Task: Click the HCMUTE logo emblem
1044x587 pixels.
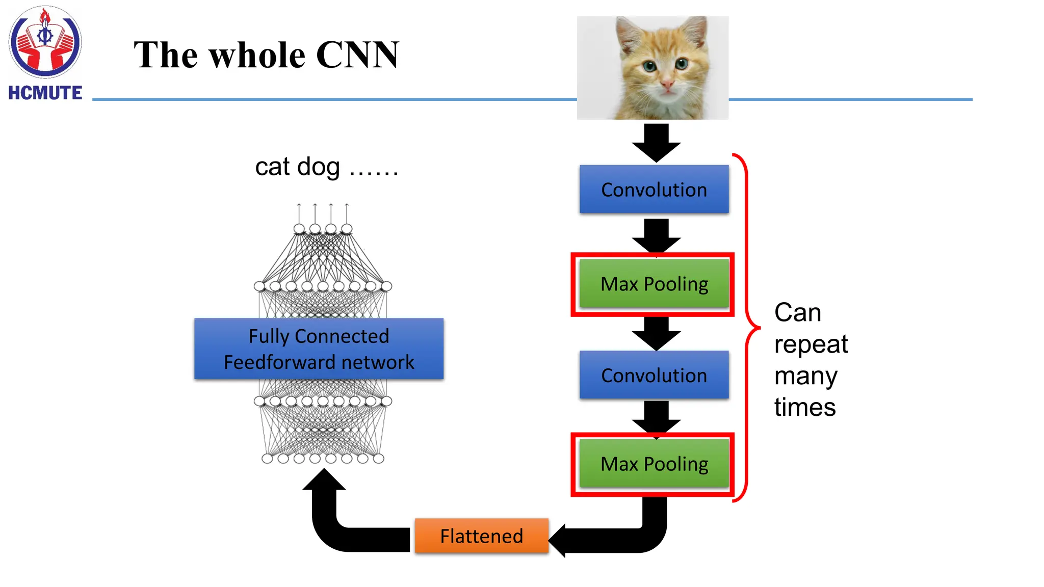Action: (45, 42)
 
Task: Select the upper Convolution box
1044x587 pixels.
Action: (654, 190)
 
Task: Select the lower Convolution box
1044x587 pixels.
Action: (654, 375)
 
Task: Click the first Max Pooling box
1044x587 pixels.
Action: (654, 284)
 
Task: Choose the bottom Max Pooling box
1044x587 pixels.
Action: (654, 464)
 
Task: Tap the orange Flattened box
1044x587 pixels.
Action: (481, 536)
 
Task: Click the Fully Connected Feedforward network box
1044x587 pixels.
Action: (319, 349)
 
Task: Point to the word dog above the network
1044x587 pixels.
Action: (318, 167)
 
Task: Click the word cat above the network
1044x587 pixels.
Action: (272, 167)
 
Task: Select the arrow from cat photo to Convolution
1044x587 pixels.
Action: (656, 143)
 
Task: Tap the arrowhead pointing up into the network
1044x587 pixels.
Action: (324, 482)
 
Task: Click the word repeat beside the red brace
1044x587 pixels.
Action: (811, 345)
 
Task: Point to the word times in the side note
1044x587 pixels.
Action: (804, 408)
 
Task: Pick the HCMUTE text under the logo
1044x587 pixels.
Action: (45, 93)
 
